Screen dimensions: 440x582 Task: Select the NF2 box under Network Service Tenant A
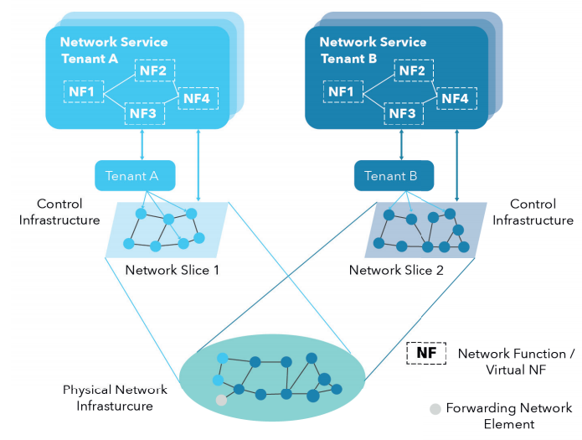click(x=153, y=71)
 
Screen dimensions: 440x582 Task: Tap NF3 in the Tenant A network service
click(x=144, y=113)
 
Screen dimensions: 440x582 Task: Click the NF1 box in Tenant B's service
click(x=342, y=91)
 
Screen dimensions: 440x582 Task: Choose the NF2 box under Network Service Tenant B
click(x=412, y=71)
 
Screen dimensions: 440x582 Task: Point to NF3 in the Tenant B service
click(x=402, y=113)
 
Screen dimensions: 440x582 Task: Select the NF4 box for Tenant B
click(x=456, y=98)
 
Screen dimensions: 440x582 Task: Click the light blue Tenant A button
click(x=134, y=176)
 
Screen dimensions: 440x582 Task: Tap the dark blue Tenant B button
click(x=394, y=176)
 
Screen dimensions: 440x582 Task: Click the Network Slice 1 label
click(x=172, y=270)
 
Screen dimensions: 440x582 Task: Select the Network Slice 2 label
click(x=395, y=270)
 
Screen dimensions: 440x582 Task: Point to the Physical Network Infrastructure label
click(x=116, y=398)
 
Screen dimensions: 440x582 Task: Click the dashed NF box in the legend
click(x=425, y=354)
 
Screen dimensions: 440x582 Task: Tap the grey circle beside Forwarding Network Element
click(x=434, y=409)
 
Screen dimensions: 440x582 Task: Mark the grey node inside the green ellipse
click(x=221, y=400)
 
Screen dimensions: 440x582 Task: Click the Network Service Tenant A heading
click(x=114, y=50)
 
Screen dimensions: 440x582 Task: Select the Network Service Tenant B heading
click(x=373, y=50)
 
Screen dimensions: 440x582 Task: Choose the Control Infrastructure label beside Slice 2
click(x=533, y=212)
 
